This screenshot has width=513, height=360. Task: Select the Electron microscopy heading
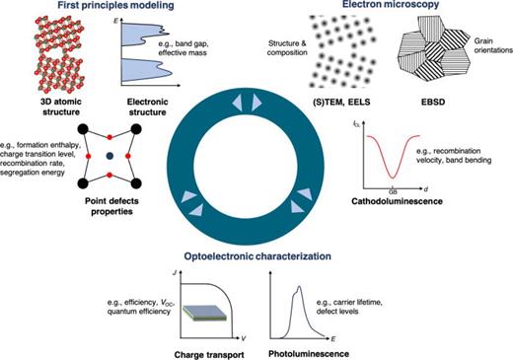pyautogui.click(x=380, y=7)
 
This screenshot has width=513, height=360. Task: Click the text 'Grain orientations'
pyautogui.click(x=490, y=46)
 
